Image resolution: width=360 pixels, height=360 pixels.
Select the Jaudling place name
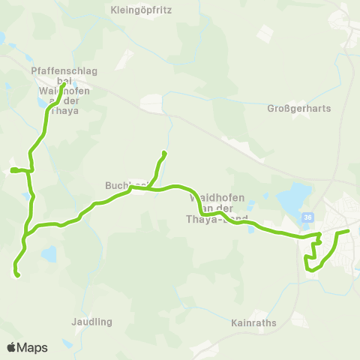tap(92, 322)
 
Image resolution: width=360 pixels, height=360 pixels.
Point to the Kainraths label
tap(255, 323)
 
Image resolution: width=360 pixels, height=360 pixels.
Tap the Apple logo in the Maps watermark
tap(12, 347)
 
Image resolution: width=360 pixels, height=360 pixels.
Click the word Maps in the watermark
tap(33, 347)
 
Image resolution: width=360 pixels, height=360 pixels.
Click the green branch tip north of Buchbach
tap(163, 154)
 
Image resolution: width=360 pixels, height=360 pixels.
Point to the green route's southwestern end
tap(16, 275)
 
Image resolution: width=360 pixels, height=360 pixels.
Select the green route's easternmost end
tap(348, 232)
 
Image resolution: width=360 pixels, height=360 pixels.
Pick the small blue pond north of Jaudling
tap(49, 255)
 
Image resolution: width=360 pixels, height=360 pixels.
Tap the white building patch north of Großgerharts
tap(264, 34)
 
